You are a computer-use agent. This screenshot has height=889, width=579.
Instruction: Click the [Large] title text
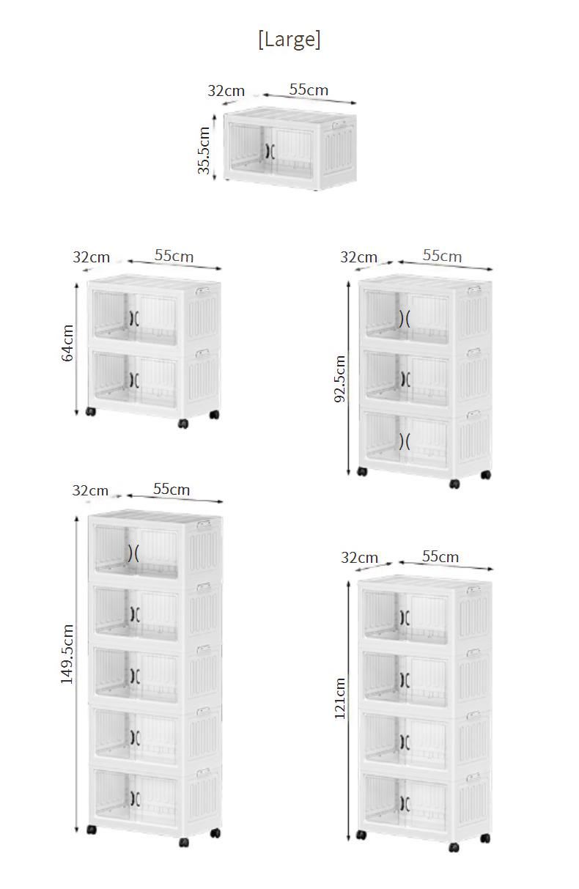point(289,40)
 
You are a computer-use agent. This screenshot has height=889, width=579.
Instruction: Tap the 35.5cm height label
point(204,150)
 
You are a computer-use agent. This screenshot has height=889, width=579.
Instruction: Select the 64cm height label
point(67,343)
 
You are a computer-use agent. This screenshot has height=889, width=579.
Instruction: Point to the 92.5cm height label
point(340,379)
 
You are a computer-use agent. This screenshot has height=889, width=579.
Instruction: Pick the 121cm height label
point(339,698)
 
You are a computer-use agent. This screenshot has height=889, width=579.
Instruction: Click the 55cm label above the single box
point(309,89)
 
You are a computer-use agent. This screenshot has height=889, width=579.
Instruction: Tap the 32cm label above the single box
point(226,91)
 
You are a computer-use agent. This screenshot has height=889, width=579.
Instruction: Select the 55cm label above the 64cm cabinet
point(174,256)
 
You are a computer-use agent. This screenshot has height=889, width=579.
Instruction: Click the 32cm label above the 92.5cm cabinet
point(358,257)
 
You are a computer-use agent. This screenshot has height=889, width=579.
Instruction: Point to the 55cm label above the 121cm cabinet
point(440,556)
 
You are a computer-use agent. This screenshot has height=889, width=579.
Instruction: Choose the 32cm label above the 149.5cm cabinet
point(90,490)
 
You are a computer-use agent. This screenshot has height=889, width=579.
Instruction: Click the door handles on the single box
point(270,151)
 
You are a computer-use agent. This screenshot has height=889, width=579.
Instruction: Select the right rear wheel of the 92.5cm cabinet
point(486,474)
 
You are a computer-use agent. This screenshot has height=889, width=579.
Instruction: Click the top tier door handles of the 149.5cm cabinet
point(133,553)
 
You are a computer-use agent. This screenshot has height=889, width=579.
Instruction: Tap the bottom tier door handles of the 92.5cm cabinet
point(405,441)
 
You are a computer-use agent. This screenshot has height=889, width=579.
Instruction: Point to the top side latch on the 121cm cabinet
point(473,590)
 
